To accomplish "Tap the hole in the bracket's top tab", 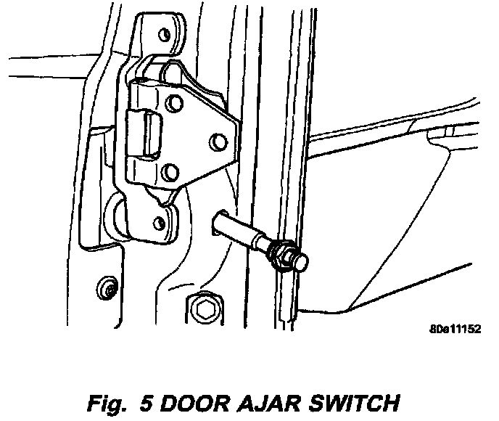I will (165, 34).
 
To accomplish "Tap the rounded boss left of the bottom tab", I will (117, 214).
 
